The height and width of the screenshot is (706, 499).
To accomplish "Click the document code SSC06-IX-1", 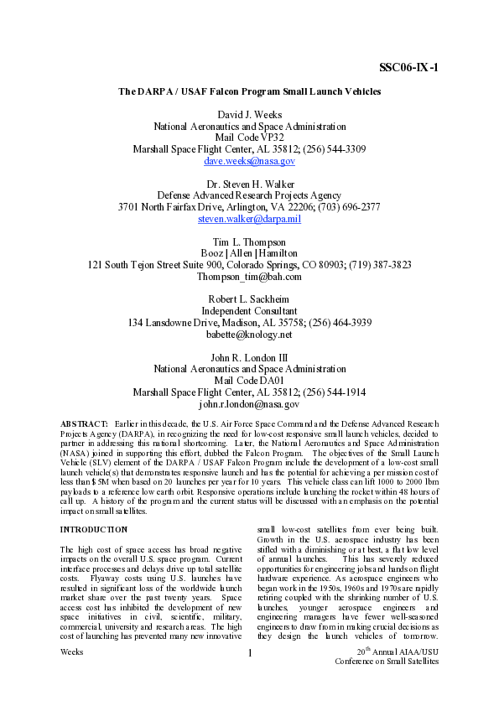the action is click(408, 67).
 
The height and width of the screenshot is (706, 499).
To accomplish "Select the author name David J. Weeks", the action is click(249, 113).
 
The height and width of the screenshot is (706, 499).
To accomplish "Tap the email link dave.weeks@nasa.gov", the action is click(249, 160).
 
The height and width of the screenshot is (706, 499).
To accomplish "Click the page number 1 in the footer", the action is click(249, 677).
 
